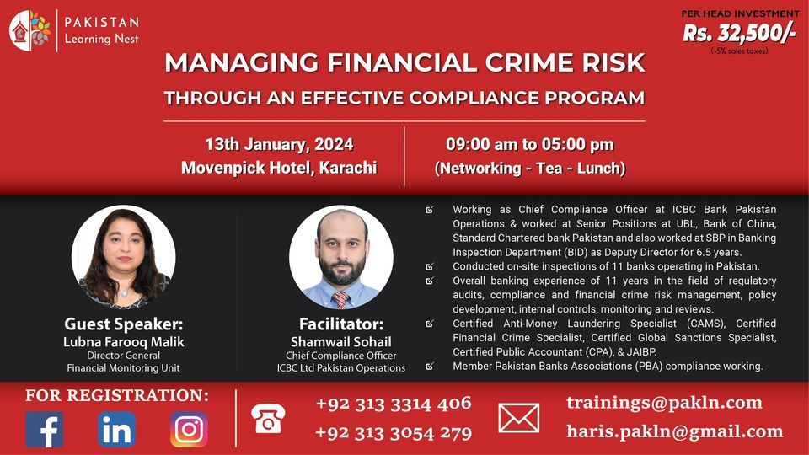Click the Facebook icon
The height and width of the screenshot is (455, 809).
click(44, 429)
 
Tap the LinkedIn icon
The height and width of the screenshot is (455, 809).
click(116, 429)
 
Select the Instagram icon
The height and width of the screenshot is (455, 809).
click(189, 429)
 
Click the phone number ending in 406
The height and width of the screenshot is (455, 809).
click(394, 403)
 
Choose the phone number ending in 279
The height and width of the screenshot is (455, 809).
click(394, 433)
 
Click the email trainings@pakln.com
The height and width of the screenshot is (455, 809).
click(664, 402)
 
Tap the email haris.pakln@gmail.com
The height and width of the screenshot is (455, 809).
click(675, 431)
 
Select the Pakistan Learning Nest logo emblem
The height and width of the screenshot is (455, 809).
click(30, 30)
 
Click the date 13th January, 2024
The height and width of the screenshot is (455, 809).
click(279, 144)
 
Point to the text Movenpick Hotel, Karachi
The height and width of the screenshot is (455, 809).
click(279, 168)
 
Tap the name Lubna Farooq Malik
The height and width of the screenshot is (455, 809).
click(123, 342)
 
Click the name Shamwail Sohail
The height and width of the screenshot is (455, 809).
click(340, 342)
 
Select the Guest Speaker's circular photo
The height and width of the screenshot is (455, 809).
click(123, 257)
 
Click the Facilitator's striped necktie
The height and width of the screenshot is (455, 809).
click(340, 299)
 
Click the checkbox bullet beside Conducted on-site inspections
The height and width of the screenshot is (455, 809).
click(431, 267)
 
